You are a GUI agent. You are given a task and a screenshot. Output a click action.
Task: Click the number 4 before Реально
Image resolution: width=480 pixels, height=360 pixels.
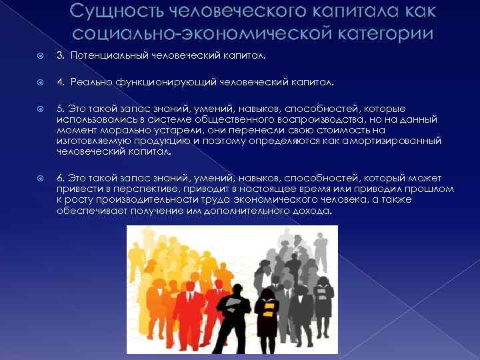click(x=59, y=83)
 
